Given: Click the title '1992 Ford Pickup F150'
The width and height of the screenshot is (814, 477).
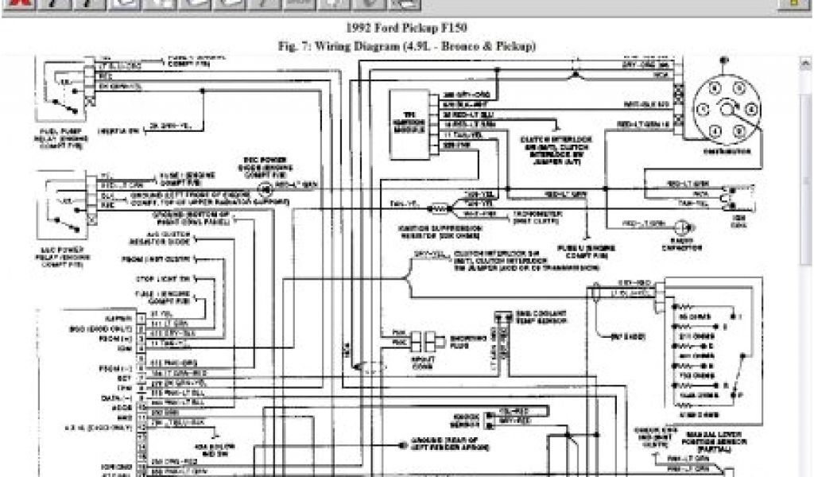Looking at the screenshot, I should click(x=406, y=32).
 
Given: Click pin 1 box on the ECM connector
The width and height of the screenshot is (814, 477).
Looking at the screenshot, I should click(x=141, y=315).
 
